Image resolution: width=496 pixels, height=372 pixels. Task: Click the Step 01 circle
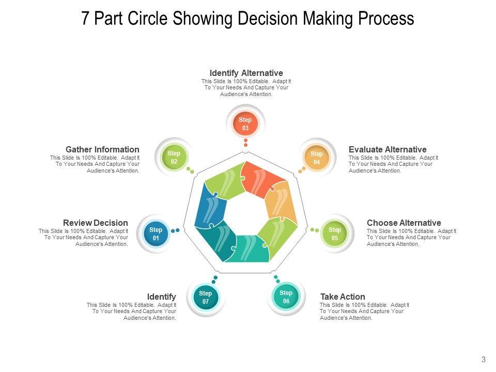pyautogui.click(x=156, y=234)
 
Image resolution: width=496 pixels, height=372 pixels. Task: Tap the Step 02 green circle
pyautogui.click(x=174, y=158)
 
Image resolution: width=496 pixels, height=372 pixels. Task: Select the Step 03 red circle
pyautogui.click(x=245, y=124)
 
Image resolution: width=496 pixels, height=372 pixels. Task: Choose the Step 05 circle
pyautogui.click(x=335, y=234)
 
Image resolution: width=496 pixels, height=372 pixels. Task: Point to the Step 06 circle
pyautogui.click(x=286, y=297)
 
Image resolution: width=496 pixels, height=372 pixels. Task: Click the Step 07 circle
pyautogui.click(x=206, y=298)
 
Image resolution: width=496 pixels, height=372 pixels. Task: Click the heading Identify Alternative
pyautogui.click(x=246, y=73)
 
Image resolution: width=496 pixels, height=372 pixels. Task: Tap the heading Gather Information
pyautogui.click(x=102, y=149)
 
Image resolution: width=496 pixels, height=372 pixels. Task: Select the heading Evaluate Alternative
pyautogui.click(x=388, y=149)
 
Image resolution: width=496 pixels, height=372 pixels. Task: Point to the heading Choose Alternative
pyautogui.click(x=404, y=223)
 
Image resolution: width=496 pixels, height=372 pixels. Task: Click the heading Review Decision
pyautogui.click(x=96, y=223)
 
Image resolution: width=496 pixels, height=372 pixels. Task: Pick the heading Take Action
pyautogui.click(x=343, y=297)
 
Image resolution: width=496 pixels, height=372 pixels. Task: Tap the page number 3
pyautogui.click(x=484, y=360)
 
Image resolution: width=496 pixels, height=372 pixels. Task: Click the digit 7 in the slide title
pyautogui.click(x=86, y=19)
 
